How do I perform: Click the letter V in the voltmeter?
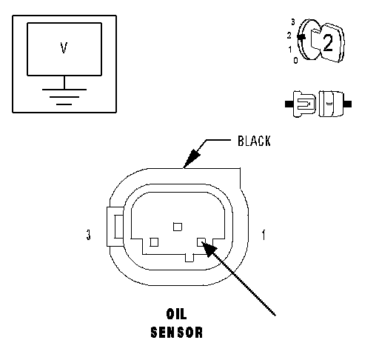(64, 47)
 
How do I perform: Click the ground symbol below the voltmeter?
(64, 97)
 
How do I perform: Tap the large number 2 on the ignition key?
(328, 43)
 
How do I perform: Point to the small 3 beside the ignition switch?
(293, 22)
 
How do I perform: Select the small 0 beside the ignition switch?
(295, 60)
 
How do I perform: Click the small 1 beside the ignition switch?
(290, 50)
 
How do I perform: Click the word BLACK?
(254, 141)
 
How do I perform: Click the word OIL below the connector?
(176, 314)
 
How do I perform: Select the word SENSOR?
(177, 332)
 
